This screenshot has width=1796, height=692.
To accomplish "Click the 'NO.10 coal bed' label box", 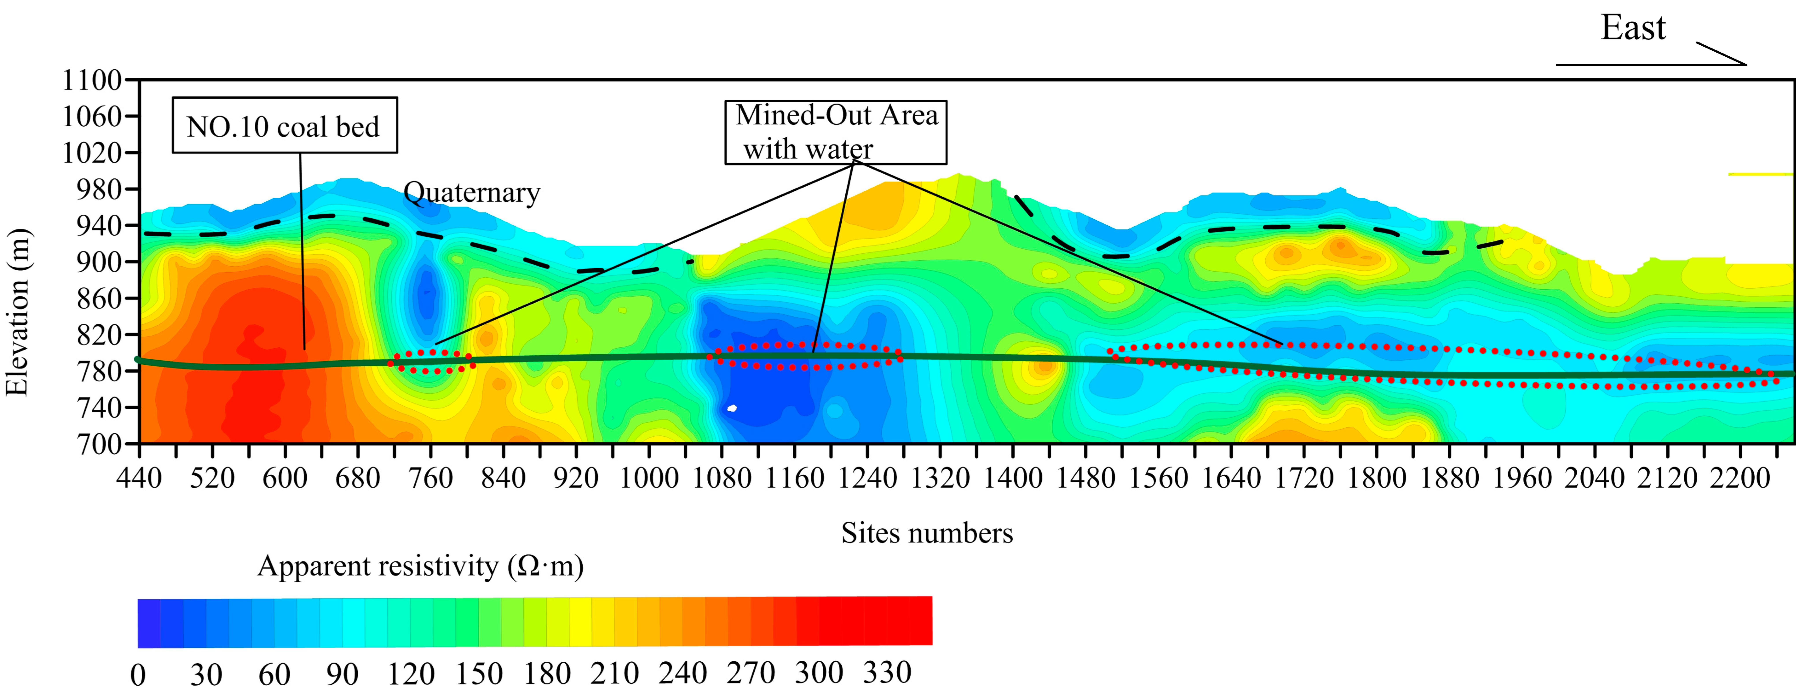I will click(284, 125).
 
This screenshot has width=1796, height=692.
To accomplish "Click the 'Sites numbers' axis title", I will click(927, 533).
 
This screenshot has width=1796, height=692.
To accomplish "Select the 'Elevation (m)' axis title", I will click(17, 312).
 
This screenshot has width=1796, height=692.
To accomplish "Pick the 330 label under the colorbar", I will click(887, 672).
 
